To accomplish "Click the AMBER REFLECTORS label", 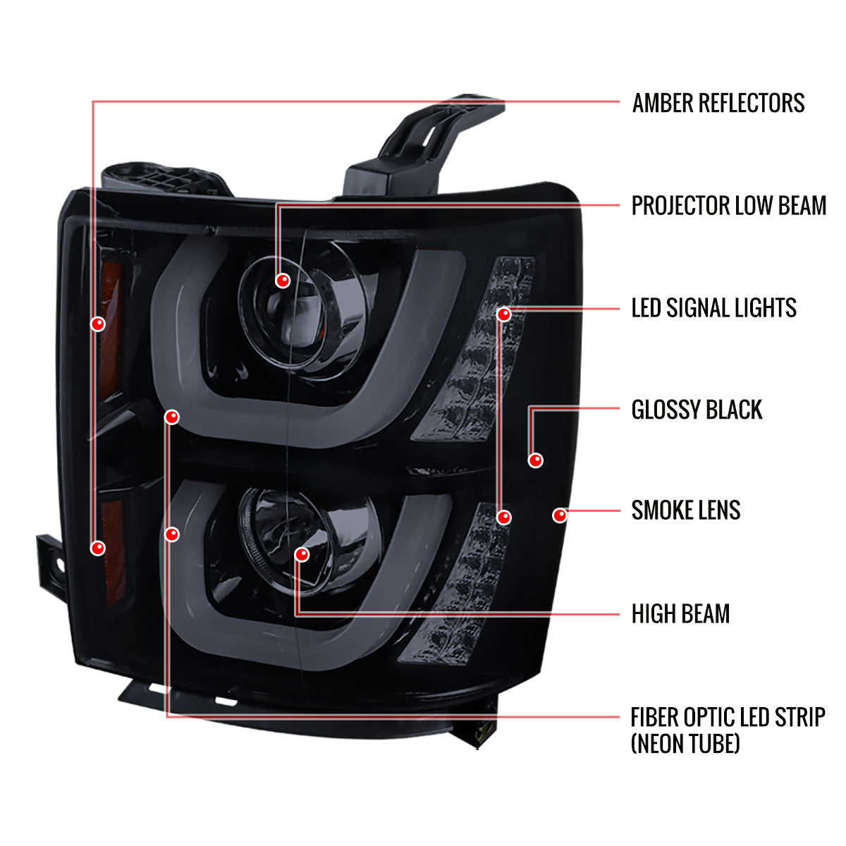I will [x=718, y=103].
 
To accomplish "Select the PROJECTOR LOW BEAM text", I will [x=728, y=206].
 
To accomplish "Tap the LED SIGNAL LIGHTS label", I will [x=713, y=308].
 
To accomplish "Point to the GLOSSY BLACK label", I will [x=697, y=410].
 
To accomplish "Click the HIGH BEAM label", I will [x=680, y=613].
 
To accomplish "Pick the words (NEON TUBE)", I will [x=685, y=742].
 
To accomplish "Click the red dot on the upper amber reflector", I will [x=98, y=324].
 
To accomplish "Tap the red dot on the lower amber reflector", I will [x=98, y=547].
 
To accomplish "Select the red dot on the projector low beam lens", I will [x=283, y=281].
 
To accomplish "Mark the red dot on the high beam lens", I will [x=302, y=554].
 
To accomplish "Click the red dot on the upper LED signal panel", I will [x=503, y=314].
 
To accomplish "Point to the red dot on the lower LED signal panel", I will [x=503, y=517].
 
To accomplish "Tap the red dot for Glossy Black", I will [x=536, y=460].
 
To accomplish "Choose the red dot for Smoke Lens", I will [x=560, y=515].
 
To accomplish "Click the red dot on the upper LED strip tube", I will [x=171, y=417].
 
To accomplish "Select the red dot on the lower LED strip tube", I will [x=171, y=534].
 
